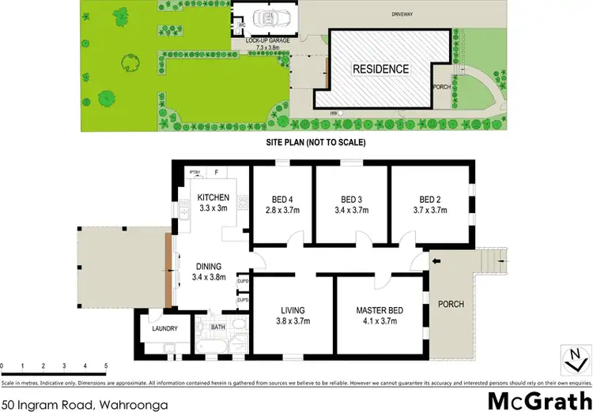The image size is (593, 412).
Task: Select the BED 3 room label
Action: (350, 199)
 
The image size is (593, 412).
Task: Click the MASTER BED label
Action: (380, 310)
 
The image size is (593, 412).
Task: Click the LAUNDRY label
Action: (164, 329)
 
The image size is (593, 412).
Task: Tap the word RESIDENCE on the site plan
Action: (380, 69)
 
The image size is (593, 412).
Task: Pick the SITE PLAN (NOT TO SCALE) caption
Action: (314, 144)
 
